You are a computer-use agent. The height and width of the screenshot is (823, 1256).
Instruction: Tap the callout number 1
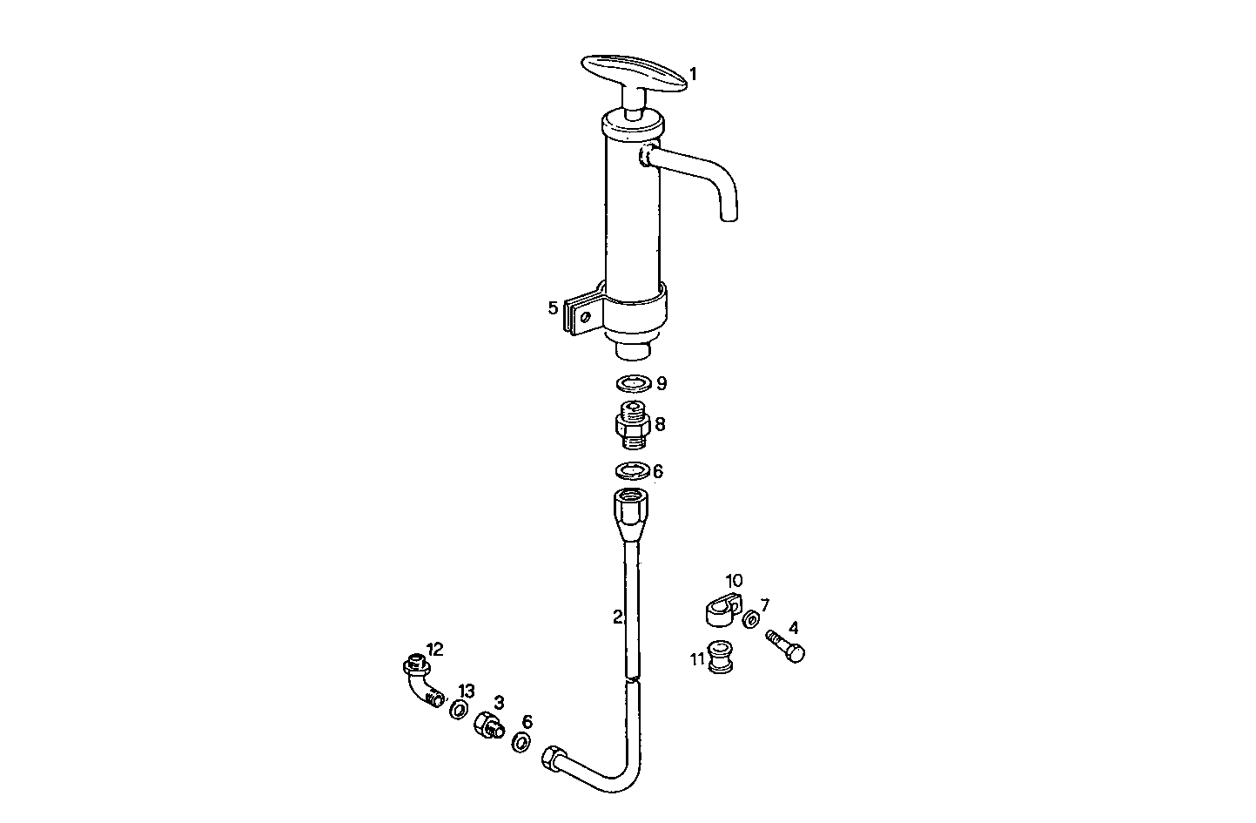click(x=693, y=74)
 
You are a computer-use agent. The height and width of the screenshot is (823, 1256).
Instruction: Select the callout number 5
click(x=553, y=307)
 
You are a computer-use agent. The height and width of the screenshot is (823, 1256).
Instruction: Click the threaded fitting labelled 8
click(x=633, y=425)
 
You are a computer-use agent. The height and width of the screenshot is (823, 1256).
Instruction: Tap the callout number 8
click(x=661, y=424)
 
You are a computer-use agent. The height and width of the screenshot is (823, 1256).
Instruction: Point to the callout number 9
click(x=662, y=383)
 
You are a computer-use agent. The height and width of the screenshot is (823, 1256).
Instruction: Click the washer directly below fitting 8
click(x=632, y=471)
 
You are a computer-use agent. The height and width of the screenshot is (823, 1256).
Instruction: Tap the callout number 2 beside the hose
click(x=617, y=617)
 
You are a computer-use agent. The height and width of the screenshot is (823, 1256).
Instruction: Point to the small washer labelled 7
click(x=750, y=621)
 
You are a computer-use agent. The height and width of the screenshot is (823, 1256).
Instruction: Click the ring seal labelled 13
click(x=459, y=710)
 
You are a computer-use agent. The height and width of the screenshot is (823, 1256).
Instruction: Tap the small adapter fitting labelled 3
click(x=487, y=725)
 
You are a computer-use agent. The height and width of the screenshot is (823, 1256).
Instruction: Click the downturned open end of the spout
click(x=729, y=212)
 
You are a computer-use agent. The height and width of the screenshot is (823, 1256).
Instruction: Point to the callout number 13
click(x=467, y=691)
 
